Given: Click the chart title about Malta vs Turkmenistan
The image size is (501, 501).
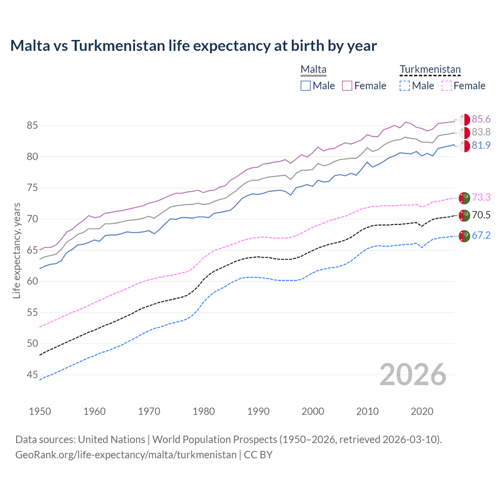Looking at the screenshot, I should pos(193,46).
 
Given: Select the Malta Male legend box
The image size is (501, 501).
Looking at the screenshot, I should pos(306,86).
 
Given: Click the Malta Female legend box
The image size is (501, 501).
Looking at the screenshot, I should pos(347,86).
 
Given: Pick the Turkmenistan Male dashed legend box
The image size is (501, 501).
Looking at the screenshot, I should pos(405,86).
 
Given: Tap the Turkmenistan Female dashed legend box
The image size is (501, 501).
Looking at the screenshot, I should pos(447,86).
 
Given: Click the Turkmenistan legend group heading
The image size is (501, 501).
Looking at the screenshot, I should pos(430,69).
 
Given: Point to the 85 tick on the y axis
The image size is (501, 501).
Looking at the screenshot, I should pos(32,126).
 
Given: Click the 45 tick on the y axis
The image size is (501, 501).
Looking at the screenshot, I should pos(32,375).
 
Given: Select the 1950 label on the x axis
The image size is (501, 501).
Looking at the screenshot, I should pos(40,411).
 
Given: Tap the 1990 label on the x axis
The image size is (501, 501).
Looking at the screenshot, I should pos(258,411).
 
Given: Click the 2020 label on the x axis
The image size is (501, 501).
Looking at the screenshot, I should pos(422,411).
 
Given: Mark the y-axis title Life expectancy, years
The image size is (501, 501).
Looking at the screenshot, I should pos(16,250).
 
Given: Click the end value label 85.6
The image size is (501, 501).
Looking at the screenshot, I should pos(481,119).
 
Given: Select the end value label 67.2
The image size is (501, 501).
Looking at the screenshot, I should pos(481,235).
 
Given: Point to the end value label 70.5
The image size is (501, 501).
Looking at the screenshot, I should pos(481,215).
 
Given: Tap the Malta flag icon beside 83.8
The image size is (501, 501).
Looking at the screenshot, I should pos(464,133).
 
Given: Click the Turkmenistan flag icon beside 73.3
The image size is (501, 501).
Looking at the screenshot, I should pos(464,198).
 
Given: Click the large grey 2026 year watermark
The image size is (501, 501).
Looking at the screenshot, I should pos(413,375).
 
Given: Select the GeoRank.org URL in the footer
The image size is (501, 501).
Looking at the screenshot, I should pos(126,455).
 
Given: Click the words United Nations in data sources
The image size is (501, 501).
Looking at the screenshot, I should pos(112,440).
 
